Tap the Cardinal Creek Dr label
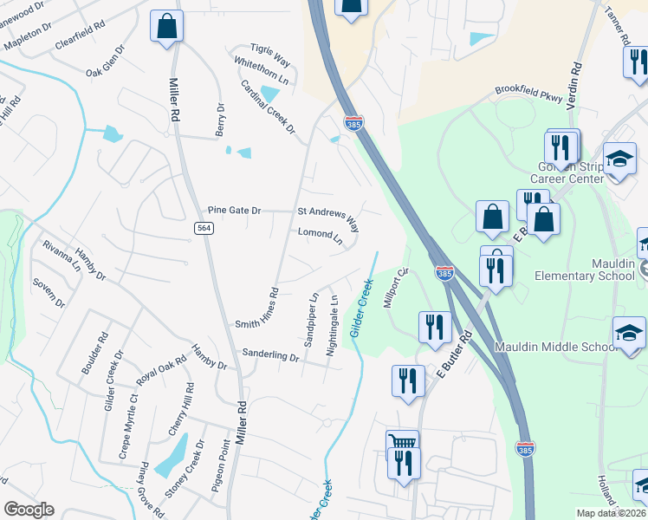point(268,106)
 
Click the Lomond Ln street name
point(321,234)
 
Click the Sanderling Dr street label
point(270,355)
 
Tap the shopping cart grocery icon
point(402,443)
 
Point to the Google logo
point(29,510)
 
